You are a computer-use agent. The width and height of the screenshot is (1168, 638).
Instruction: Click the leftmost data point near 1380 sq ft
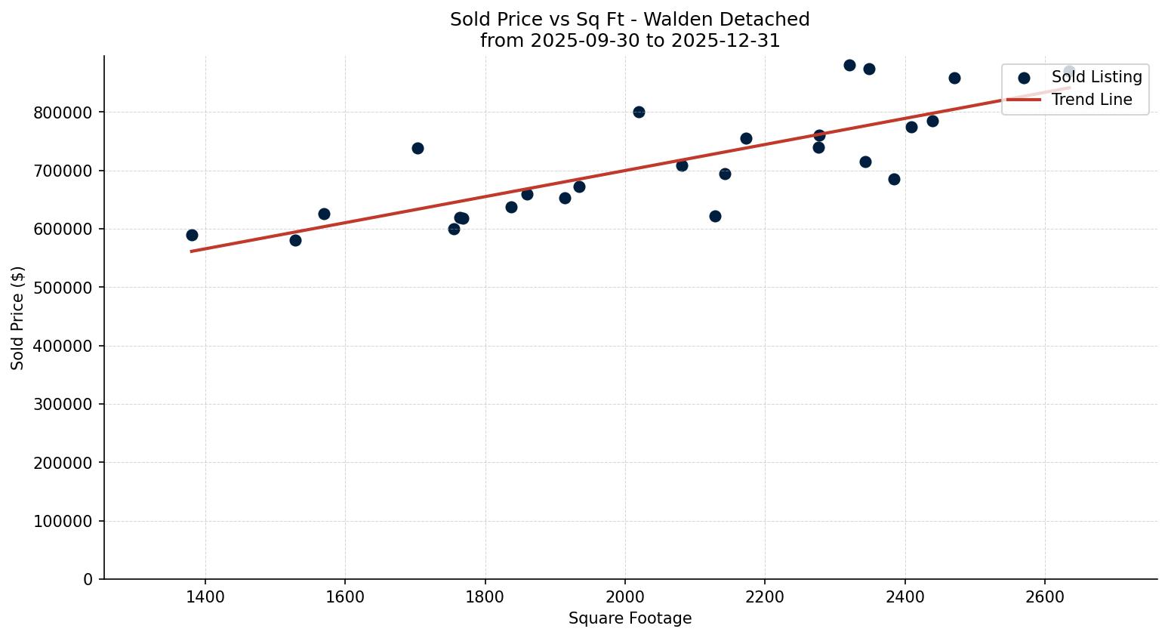[x=192, y=235]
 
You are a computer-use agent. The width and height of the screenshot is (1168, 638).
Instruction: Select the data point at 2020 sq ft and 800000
[x=639, y=112]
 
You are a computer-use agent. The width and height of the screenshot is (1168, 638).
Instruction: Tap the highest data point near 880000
[x=849, y=65]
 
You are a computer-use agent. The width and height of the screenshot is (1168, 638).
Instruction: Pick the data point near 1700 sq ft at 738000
[x=418, y=148]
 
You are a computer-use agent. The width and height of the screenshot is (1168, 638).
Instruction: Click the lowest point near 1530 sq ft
[x=295, y=240]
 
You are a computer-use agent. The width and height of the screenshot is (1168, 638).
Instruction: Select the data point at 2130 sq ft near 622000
[x=715, y=216]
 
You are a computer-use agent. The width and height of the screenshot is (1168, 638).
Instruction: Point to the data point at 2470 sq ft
[x=954, y=78]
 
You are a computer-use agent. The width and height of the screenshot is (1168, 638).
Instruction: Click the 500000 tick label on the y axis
[x=63, y=288]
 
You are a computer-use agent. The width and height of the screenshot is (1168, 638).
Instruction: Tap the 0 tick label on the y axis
[x=88, y=580]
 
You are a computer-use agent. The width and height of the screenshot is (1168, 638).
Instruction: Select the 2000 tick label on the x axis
[x=625, y=596]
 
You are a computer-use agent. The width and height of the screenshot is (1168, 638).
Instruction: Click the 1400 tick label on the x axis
[x=205, y=596]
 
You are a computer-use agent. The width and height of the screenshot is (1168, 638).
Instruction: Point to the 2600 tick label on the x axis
[x=1045, y=596]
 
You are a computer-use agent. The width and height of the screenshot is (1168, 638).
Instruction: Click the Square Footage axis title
[x=630, y=618]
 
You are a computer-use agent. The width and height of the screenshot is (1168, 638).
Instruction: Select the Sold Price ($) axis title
[x=17, y=317]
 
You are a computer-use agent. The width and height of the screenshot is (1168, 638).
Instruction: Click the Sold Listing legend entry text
[x=1096, y=77]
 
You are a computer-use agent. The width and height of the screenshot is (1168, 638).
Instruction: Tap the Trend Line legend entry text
[x=1092, y=100]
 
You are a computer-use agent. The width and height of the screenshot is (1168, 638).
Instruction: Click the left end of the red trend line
[x=192, y=251]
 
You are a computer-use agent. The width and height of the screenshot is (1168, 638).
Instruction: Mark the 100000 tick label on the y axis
[x=63, y=521]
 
